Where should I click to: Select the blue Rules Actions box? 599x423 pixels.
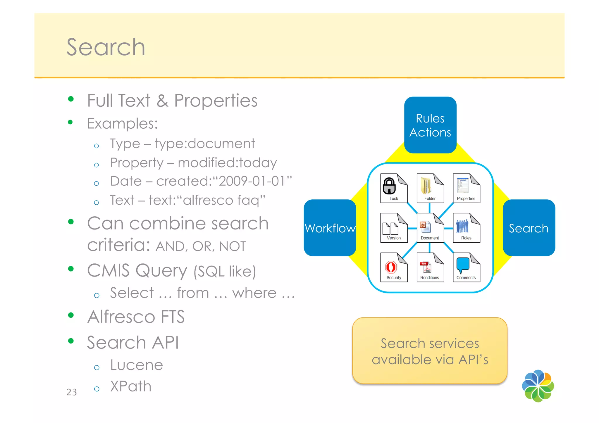click(x=430, y=125)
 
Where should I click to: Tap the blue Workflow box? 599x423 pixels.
click(x=330, y=228)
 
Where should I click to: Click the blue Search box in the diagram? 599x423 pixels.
click(x=529, y=228)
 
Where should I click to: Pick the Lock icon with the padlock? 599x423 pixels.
click(x=393, y=188)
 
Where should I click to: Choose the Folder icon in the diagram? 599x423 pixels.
click(x=430, y=188)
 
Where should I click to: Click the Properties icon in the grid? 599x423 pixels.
click(x=466, y=188)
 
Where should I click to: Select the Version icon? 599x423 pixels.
click(x=393, y=228)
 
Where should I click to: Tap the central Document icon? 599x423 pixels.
click(x=430, y=228)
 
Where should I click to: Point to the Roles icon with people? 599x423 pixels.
click(x=466, y=228)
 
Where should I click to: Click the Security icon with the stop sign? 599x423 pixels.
click(x=393, y=267)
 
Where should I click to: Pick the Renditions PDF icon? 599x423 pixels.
click(x=430, y=267)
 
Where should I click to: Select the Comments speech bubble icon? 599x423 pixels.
click(x=466, y=267)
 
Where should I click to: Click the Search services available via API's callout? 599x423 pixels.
click(x=430, y=351)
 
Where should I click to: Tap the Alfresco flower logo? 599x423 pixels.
click(x=538, y=386)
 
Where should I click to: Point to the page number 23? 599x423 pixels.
click(x=72, y=392)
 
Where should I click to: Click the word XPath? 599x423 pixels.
click(x=131, y=386)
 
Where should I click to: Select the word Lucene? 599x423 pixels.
click(x=137, y=365)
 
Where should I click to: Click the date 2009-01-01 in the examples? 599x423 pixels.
click(x=252, y=181)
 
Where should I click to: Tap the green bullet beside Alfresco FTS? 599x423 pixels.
click(x=71, y=315)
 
